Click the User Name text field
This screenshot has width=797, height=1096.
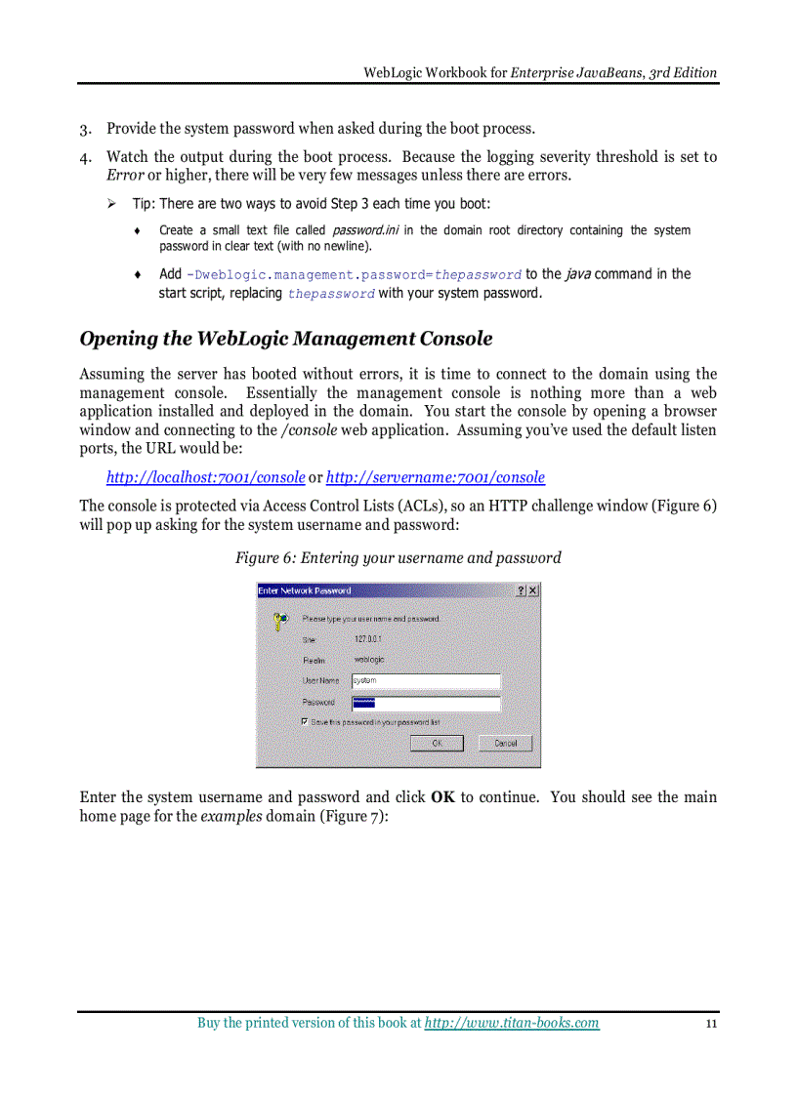pyautogui.click(x=426, y=680)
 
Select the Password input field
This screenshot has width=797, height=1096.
pyautogui.click(x=426, y=703)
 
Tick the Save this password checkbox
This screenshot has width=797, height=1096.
pyautogui.click(x=306, y=721)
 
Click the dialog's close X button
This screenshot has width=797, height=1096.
pyautogui.click(x=532, y=590)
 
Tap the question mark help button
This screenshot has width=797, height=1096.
pyautogui.click(x=521, y=590)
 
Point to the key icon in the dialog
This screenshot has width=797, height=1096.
pyautogui.click(x=280, y=619)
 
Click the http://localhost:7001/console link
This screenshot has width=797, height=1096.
pyautogui.click(x=205, y=477)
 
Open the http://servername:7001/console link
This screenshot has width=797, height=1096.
pyautogui.click(x=435, y=477)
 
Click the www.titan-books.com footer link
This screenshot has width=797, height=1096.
pyautogui.click(x=512, y=1023)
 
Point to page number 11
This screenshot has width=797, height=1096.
pyautogui.click(x=711, y=1024)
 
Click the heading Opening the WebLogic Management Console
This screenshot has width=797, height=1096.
pyautogui.click(x=285, y=339)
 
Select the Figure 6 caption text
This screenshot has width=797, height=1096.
pyautogui.click(x=398, y=558)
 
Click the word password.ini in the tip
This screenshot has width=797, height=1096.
pyautogui.click(x=365, y=230)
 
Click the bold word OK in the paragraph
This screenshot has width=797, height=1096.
pyautogui.click(x=442, y=797)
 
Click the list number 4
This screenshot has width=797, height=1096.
pyautogui.click(x=85, y=158)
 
